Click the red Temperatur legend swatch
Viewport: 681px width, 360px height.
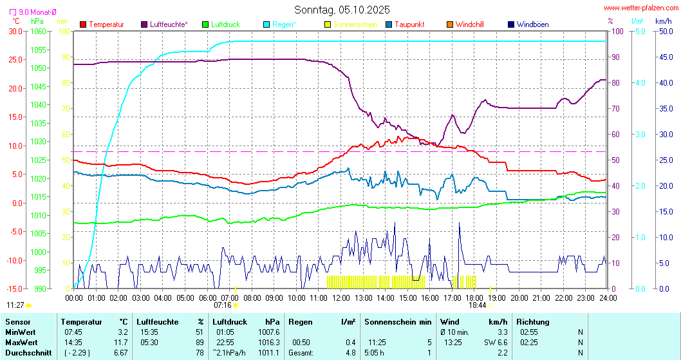pyautogui.click(x=83, y=24)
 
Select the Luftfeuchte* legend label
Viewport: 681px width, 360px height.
pyautogui.click(x=169, y=24)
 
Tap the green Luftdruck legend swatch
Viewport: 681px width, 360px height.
pyautogui.click(x=205, y=24)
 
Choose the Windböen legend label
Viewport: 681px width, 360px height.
pyautogui.click(x=532, y=24)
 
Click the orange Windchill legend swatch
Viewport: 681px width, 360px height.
pyautogui.click(x=450, y=24)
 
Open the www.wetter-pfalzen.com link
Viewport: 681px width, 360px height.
pyautogui.click(x=641, y=8)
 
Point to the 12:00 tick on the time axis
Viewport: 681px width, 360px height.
pyautogui.click(x=341, y=298)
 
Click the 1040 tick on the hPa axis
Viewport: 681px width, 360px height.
pyautogui.click(x=39, y=104)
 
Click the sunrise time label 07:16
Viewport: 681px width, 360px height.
pyautogui.click(x=223, y=305)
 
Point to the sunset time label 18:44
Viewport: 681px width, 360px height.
pyautogui.click(x=477, y=305)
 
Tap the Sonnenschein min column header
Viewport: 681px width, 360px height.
pyautogui.click(x=397, y=321)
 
